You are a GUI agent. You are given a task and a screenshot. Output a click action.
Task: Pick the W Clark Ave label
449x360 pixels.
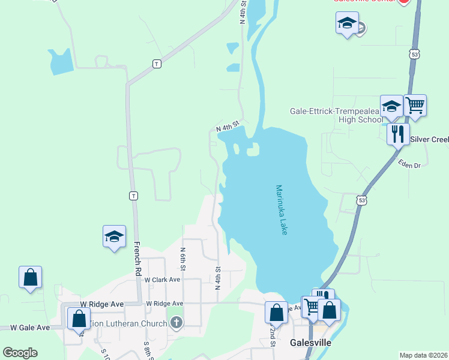(162, 280)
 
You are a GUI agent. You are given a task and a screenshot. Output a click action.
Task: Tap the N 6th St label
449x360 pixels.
(182, 258)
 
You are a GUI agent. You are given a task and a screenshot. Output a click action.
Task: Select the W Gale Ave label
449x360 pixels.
(30, 328)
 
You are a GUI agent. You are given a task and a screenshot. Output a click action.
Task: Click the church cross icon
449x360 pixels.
(176, 323)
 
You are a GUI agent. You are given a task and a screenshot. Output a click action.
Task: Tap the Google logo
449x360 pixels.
(20, 353)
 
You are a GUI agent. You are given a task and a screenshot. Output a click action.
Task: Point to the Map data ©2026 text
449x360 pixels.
(423, 355)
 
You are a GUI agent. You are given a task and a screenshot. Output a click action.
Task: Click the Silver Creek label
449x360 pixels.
(429, 140)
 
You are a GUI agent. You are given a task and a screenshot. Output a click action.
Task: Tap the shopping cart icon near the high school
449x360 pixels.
(415, 106)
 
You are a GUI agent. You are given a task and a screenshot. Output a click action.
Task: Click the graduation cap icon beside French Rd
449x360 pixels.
(113, 236)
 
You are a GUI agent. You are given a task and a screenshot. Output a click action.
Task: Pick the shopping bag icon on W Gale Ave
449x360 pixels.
(79, 318)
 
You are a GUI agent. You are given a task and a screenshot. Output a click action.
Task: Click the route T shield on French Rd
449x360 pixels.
(133, 196)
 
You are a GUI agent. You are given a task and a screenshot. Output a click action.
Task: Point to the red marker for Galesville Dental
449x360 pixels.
(404, 2)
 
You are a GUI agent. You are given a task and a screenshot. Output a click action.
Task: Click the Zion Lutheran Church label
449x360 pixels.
(127, 323)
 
